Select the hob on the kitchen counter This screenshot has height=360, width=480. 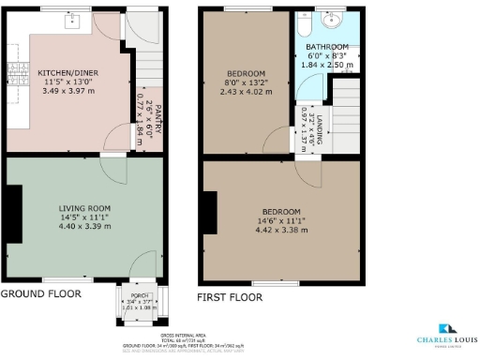[13, 71]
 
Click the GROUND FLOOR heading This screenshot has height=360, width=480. [40, 293]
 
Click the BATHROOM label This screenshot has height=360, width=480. [326, 47]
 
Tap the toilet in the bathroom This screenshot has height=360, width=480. [304, 22]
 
